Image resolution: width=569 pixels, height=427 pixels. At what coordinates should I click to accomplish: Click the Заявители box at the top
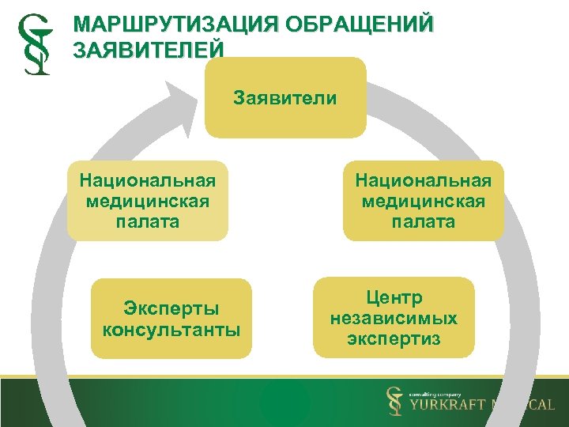285,98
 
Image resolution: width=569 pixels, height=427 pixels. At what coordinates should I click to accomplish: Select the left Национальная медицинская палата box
147,201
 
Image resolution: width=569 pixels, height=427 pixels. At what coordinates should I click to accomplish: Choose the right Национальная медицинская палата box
423,201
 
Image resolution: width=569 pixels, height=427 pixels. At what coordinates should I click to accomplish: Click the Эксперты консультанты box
171,319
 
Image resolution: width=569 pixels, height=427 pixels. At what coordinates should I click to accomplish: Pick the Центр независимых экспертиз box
394,318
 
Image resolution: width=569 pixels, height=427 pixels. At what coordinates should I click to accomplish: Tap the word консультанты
171,329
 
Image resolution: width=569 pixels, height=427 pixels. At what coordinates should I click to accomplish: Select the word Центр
394,297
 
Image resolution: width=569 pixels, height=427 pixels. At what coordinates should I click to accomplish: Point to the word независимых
394,318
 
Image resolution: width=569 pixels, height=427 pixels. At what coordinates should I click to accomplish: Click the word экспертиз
394,339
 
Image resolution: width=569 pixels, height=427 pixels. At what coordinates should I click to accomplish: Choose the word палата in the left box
147,221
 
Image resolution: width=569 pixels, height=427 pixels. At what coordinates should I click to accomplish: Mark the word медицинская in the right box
423,201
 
